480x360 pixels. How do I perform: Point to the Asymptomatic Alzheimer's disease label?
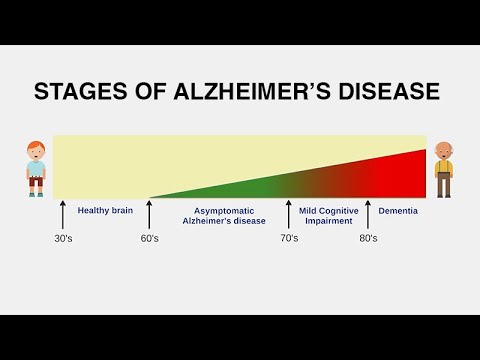tap(224, 216)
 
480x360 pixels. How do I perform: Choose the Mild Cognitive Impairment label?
tap(328, 216)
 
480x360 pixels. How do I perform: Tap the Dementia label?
tap(398, 211)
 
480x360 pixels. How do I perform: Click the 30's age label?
tap(63, 239)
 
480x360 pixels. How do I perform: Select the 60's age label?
tap(149, 239)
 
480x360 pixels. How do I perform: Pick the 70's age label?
tap(289, 239)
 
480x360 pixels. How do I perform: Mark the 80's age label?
tap(368, 239)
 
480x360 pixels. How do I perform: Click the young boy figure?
tap(37, 169)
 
